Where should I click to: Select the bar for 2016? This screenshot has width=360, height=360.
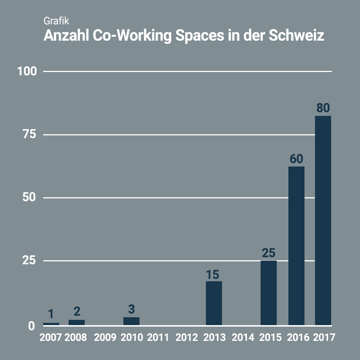pyautogui.click(x=296, y=246)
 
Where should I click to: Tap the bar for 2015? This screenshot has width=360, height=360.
pyautogui.click(x=268, y=293)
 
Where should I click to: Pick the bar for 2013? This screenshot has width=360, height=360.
pyautogui.click(x=214, y=303)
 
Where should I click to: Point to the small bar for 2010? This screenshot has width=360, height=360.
pyautogui.click(x=131, y=321)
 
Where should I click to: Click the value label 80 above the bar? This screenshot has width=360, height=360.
pyautogui.click(x=323, y=108)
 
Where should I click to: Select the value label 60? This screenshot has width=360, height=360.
pyautogui.click(x=296, y=159)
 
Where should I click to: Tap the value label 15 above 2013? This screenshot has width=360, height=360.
pyautogui.click(x=213, y=274)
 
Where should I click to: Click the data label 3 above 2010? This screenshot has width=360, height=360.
pyautogui.click(x=131, y=309)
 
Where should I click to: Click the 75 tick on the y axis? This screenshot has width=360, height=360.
pyautogui.click(x=29, y=135)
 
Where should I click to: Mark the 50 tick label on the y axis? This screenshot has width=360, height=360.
pyautogui.click(x=29, y=198)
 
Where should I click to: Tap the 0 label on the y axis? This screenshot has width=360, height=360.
pyautogui.click(x=32, y=326)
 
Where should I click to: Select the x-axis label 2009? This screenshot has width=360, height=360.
pyautogui.click(x=105, y=337)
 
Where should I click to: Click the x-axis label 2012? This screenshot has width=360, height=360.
pyautogui.click(x=187, y=337)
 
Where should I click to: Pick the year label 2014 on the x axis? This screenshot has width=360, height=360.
pyautogui.click(x=243, y=337)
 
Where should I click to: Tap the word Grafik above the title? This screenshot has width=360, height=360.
pyautogui.click(x=56, y=21)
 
